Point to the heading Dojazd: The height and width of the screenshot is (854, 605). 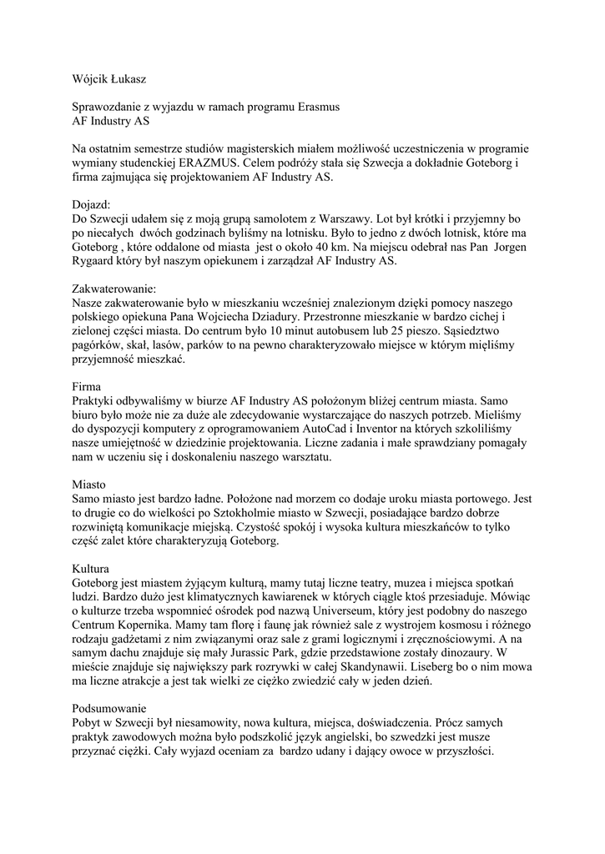point(92,203)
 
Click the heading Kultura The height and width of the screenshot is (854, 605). point(93,569)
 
